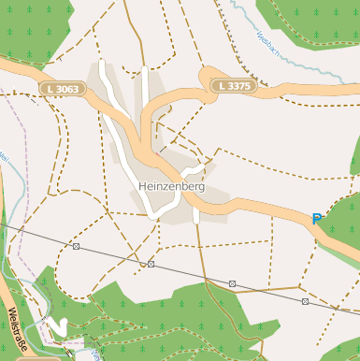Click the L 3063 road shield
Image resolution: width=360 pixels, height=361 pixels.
[63, 88]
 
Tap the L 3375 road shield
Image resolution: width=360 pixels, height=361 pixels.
[233, 86]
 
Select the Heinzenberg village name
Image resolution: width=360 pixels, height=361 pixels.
[171, 186]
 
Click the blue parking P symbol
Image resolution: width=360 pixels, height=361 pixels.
[317, 220]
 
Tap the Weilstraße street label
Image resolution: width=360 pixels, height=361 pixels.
[19, 332]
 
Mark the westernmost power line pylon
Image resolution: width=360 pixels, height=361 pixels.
[76, 246]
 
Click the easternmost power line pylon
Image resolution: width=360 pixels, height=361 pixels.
[305, 301]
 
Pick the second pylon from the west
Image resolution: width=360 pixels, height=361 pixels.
[151, 264]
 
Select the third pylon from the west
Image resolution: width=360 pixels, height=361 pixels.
[232, 283]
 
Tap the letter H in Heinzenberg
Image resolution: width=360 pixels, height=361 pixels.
[142, 186]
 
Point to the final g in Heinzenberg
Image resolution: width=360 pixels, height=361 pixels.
[201, 188]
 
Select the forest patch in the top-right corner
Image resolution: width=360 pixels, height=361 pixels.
[318, 19]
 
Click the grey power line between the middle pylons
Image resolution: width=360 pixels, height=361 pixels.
[192, 274]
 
